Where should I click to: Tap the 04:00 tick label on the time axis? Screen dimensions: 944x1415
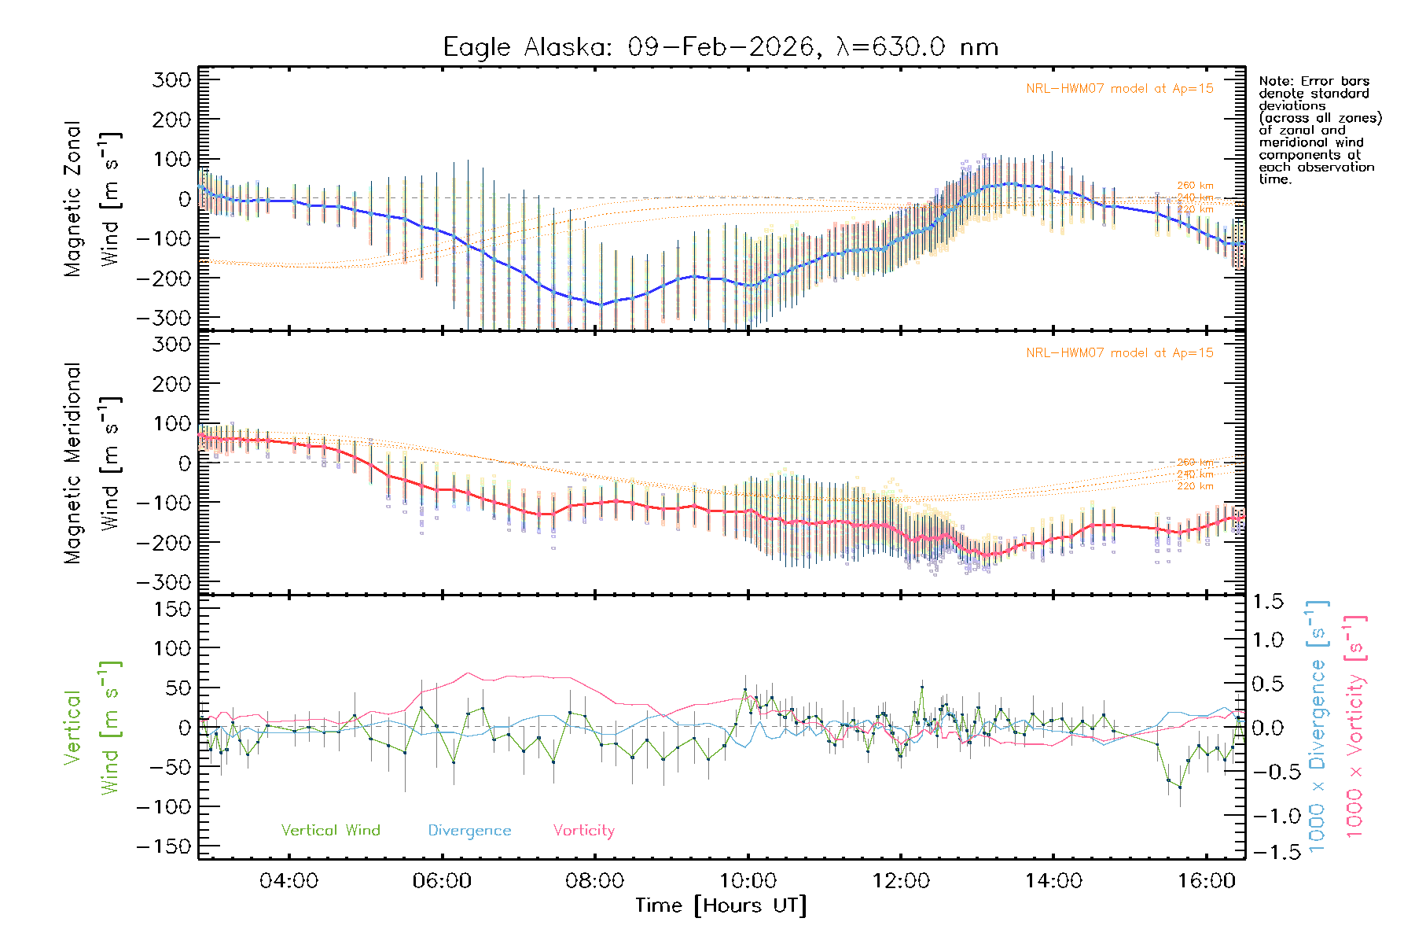click(289, 881)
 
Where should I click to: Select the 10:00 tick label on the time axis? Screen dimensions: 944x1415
click(748, 881)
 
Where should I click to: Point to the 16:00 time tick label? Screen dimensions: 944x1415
click(1207, 881)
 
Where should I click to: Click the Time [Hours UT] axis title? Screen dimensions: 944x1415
click(721, 906)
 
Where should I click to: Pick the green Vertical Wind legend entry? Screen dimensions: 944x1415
click(330, 831)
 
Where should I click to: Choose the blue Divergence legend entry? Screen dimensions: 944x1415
click(469, 831)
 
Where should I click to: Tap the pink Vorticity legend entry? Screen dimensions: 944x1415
click(583, 831)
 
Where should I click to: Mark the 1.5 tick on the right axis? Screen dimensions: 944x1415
click(1267, 602)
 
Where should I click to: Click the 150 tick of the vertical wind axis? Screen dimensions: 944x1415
click(172, 609)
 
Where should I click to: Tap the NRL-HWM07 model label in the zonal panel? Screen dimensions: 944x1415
click(1119, 89)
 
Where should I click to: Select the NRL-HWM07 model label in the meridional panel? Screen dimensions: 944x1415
click(1119, 353)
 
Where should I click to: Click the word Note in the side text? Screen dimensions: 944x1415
click(1274, 81)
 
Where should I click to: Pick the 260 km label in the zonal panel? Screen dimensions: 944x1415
click(1195, 186)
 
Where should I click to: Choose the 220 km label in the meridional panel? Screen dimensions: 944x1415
click(1195, 486)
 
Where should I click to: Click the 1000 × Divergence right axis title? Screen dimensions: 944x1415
click(1317, 726)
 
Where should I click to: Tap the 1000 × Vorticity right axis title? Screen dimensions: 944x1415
click(1354, 726)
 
